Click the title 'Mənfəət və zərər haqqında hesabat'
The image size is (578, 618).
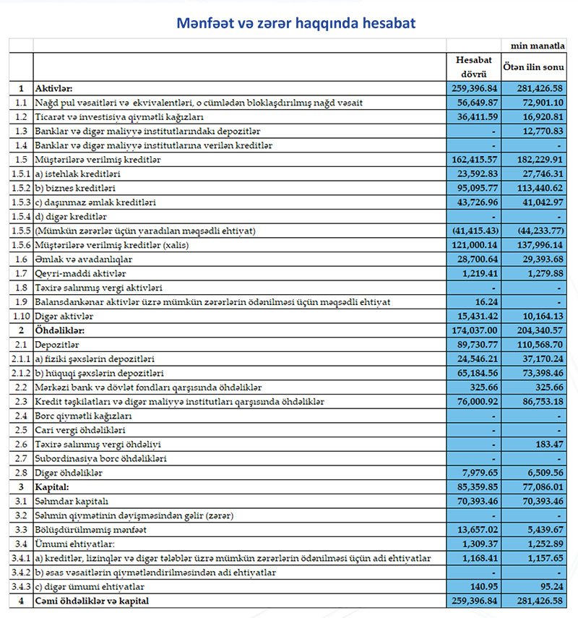(x=296, y=23)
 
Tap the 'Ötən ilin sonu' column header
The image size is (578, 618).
(x=534, y=66)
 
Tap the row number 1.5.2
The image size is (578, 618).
(x=21, y=189)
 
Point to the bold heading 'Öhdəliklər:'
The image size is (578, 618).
(x=60, y=331)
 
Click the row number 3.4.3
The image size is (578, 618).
(x=21, y=587)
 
